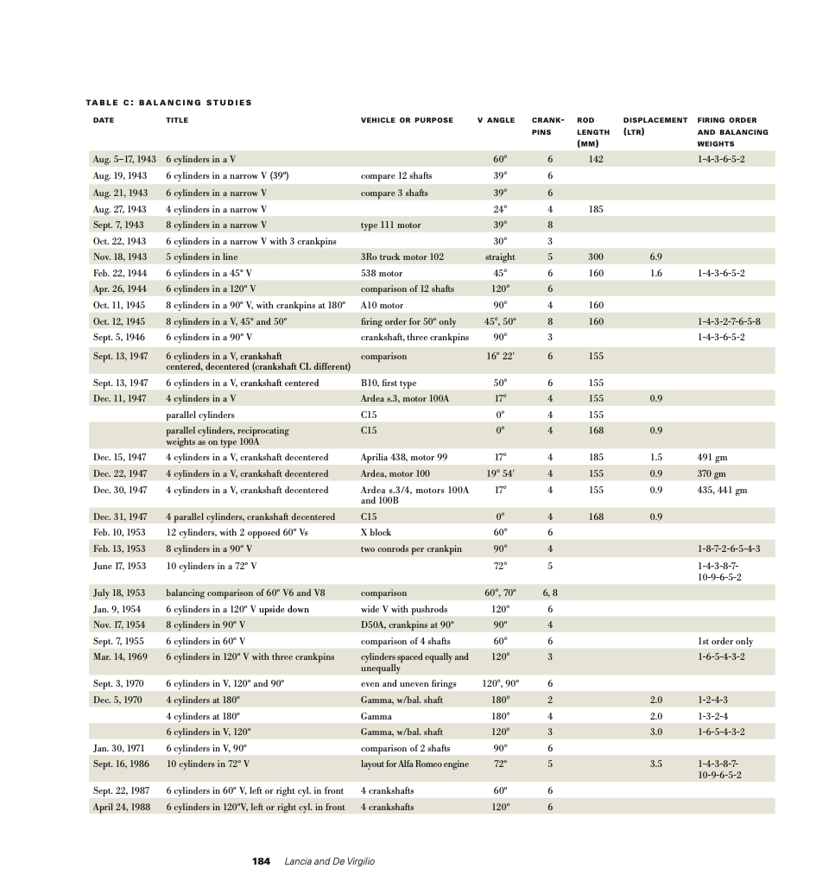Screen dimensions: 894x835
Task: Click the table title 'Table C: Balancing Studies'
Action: point(168,103)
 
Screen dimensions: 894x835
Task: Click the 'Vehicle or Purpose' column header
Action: point(406,120)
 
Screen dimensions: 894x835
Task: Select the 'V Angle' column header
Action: point(496,120)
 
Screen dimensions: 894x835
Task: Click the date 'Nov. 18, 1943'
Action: point(119,257)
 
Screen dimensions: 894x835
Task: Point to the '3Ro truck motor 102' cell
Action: point(402,257)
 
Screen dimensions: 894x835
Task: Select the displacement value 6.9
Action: point(655,257)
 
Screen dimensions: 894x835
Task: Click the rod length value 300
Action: point(596,257)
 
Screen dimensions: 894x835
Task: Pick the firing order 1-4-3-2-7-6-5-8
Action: point(728,321)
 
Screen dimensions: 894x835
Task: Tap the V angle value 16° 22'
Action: point(501,356)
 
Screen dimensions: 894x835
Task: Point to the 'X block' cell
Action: point(376,533)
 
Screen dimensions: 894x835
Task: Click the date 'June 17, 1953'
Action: point(119,566)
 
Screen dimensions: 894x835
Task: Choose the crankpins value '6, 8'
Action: point(550,593)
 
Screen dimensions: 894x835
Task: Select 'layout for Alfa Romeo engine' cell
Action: point(415,764)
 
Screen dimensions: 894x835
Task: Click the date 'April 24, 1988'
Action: point(121,808)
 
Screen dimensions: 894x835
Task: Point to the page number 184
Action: point(261,861)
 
